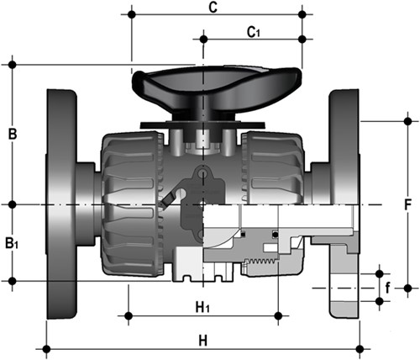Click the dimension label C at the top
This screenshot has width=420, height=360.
[213, 8]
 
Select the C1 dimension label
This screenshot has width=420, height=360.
[253, 31]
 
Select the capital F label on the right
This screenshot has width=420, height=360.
[407, 204]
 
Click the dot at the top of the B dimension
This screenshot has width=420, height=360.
[11, 64]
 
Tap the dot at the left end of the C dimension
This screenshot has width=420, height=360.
[131, 14]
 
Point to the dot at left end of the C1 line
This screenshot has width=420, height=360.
[202, 38]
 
